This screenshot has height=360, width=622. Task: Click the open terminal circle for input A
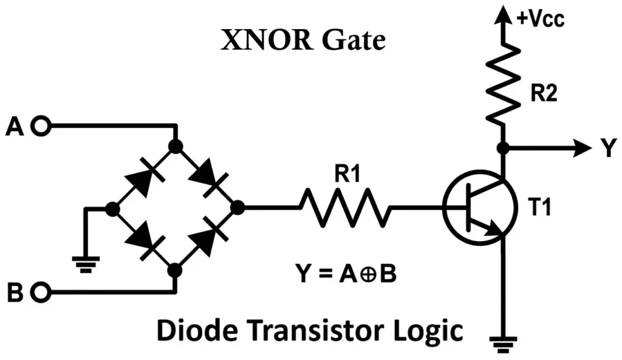pyautogui.click(x=41, y=126)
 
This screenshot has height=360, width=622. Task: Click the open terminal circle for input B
pyautogui.click(x=41, y=293)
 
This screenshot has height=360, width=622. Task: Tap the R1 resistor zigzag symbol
pyautogui.click(x=344, y=208)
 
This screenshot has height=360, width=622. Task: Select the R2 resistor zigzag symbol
pyautogui.click(x=503, y=86)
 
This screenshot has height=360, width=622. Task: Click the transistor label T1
pyautogui.click(x=538, y=208)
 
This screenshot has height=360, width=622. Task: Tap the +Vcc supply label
pyautogui.click(x=540, y=19)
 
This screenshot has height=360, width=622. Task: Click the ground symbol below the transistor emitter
pyautogui.click(x=503, y=343)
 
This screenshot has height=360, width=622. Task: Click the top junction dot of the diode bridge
pyautogui.click(x=176, y=146)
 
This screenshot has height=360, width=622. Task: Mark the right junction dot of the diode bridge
pyautogui.click(x=238, y=208)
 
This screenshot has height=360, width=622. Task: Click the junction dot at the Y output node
pyautogui.click(x=503, y=148)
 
